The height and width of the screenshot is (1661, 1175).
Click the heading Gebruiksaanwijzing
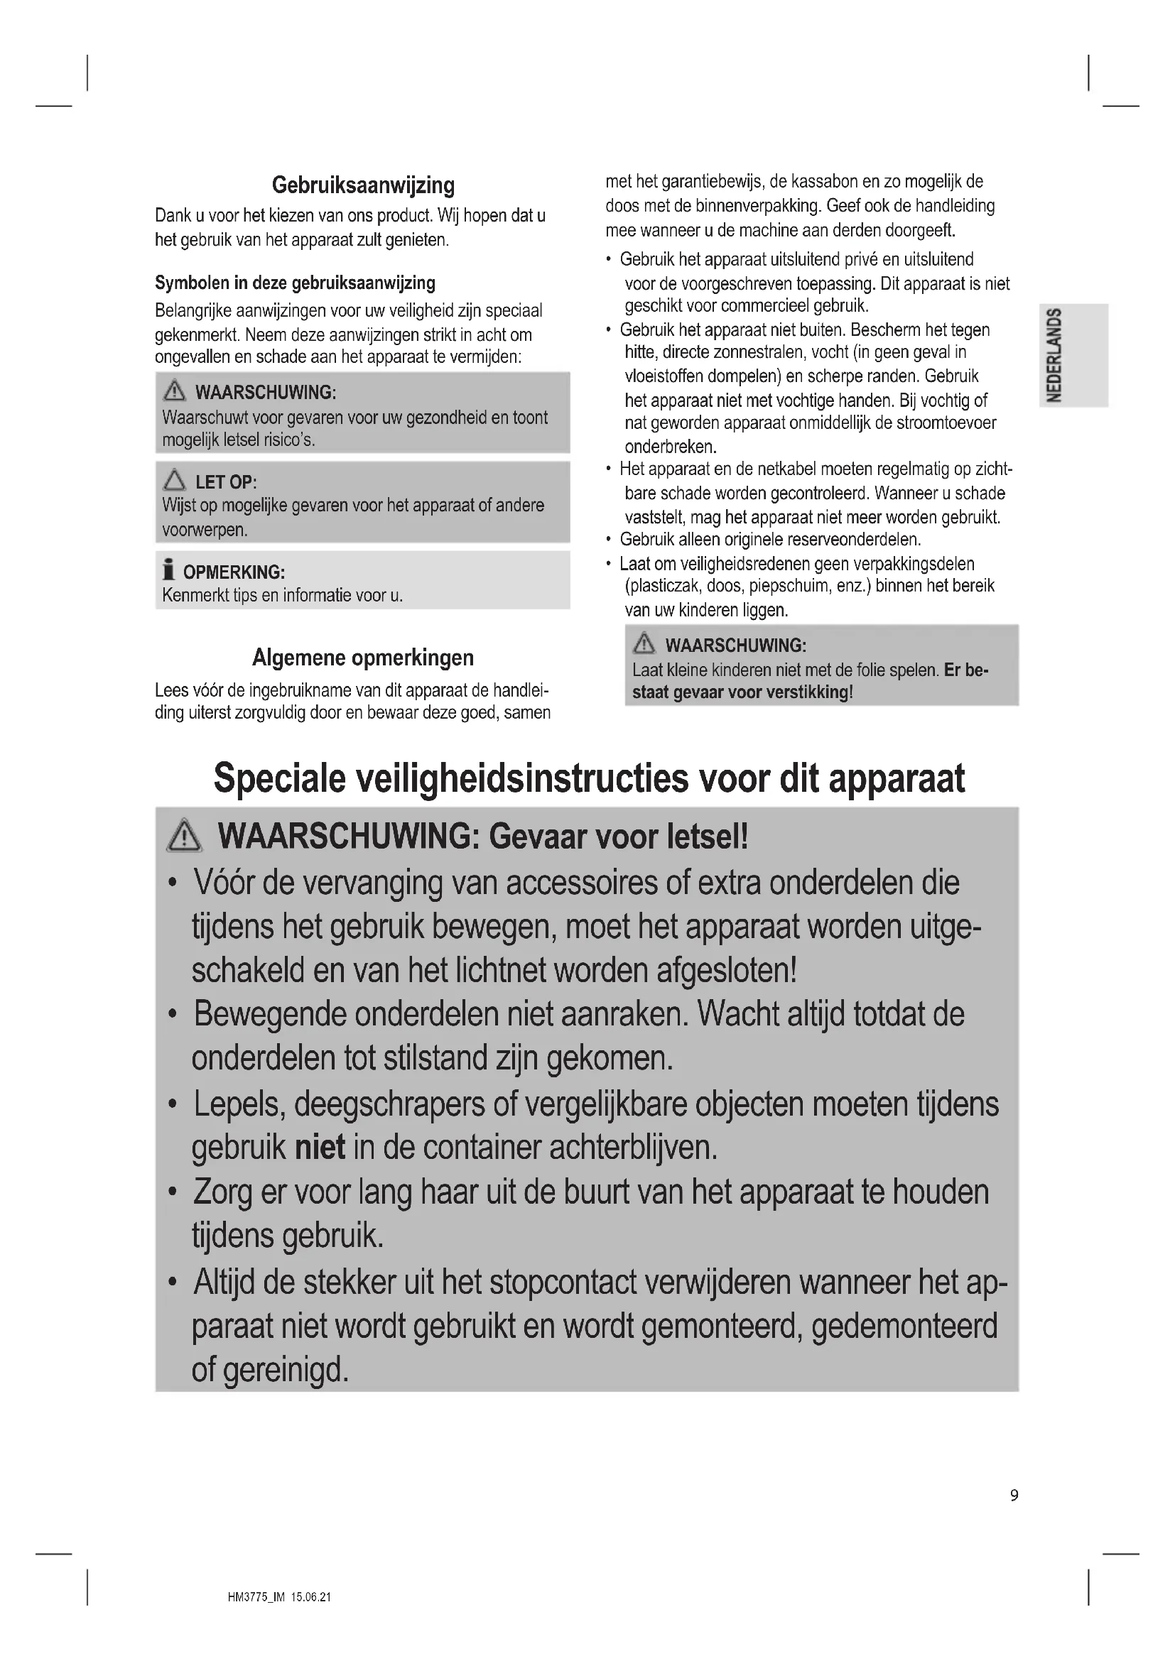[x=363, y=186]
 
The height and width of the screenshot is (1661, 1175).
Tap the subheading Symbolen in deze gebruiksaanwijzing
[x=296, y=283]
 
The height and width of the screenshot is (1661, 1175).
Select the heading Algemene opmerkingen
[x=363, y=658]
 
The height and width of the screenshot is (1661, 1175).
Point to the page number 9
[x=1014, y=1495]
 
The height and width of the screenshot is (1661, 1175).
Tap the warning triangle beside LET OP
[x=174, y=480]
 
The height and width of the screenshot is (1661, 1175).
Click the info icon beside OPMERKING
[x=168, y=570]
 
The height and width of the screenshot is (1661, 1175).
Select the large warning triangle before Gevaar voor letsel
[x=185, y=837]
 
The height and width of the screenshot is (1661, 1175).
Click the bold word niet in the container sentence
[x=320, y=1148]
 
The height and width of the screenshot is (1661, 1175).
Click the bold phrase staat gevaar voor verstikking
[x=742, y=692]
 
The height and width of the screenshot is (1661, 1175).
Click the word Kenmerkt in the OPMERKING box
[x=192, y=595]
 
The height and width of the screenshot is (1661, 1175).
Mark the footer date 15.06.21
[x=310, y=1597]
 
